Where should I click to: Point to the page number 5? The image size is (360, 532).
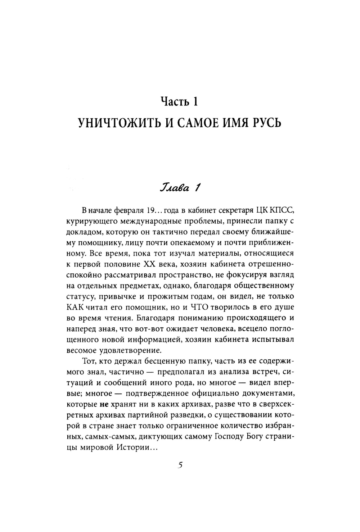pos(180,465)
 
